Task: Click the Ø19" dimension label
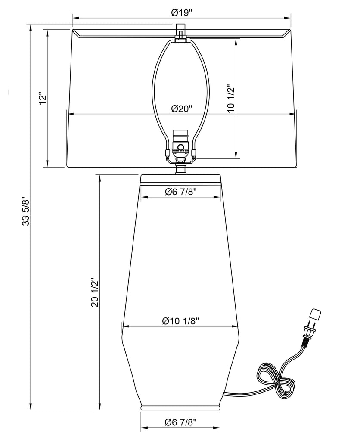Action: click(181, 12)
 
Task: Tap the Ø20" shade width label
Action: click(181, 109)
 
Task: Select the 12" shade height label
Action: click(43, 98)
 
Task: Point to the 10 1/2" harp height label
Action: click(231, 98)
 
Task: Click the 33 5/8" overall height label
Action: click(26, 211)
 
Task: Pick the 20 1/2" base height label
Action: click(95, 292)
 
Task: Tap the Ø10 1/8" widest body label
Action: click(181, 321)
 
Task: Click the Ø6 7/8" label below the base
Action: click(180, 422)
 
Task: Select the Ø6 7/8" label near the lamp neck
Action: click(180, 192)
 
